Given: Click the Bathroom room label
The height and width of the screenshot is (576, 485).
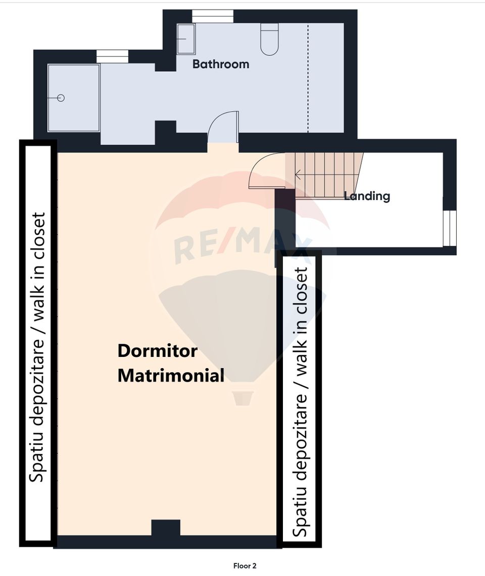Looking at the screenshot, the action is click(221, 64).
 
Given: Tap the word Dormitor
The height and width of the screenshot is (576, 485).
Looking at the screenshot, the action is click(158, 351).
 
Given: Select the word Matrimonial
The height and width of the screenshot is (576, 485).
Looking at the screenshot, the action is click(171, 376).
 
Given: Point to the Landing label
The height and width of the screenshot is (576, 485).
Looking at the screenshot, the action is click(367, 196).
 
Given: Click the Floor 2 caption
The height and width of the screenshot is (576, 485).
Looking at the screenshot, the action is click(245, 566).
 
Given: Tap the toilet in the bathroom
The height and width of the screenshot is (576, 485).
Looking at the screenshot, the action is click(269, 39).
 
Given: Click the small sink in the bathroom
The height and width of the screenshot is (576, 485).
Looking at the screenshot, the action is click(186, 39).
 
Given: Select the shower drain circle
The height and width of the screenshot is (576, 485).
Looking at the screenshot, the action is click(61, 98).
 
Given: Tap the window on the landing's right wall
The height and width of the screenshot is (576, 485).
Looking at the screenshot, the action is click(449, 228).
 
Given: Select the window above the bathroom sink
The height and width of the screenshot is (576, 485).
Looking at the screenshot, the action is click(213, 17).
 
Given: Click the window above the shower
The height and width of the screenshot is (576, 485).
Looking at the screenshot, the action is click(113, 57).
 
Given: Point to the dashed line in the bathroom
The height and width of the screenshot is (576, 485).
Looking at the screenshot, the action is click(308, 78).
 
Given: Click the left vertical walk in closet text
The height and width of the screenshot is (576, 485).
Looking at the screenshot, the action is click(37, 347).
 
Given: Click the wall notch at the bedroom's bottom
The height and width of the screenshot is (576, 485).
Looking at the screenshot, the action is click(166, 528).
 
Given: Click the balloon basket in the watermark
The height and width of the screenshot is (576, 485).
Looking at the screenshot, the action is click(242, 398).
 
